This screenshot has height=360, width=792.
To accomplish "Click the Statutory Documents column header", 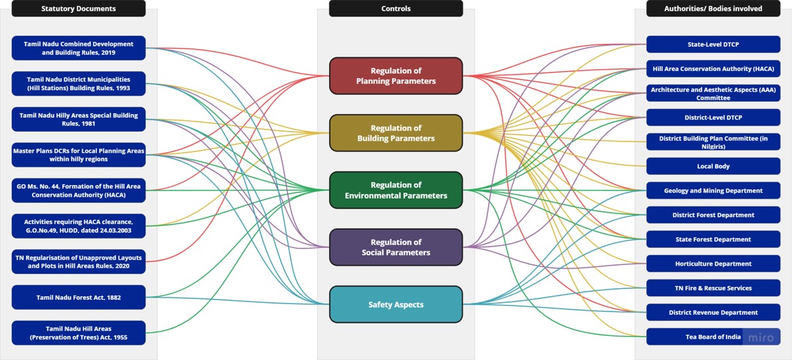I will (78, 9).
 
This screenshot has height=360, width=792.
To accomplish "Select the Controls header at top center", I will (396, 9).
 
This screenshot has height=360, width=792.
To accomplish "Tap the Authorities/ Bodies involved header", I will (713, 9).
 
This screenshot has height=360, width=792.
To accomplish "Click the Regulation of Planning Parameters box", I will (396, 76).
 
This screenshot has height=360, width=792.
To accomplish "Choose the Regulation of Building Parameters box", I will (396, 133).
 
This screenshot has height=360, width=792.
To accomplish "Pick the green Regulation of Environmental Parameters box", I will (396, 190).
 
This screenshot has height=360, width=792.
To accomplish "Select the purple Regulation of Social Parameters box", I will (396, 247).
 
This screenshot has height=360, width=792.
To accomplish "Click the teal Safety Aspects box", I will (396, 304).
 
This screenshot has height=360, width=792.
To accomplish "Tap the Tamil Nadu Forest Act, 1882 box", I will (78, 297).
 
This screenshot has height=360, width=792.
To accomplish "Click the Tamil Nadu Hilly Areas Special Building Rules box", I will (78, 120).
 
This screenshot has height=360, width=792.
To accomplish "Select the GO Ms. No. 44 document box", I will (78, 190).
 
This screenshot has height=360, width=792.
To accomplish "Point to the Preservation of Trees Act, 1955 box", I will (78, 333).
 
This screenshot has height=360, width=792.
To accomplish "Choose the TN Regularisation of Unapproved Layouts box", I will (78, 262).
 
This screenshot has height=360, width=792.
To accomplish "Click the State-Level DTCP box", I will (713, 45).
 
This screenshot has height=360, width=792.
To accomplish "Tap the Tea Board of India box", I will (713, 337).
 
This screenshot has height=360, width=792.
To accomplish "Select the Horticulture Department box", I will (713, 264).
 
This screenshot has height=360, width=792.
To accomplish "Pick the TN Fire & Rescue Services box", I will (713, 288).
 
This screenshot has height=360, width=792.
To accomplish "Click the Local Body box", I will (713, 166).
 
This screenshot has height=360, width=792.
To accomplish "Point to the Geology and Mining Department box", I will (713, 191).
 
